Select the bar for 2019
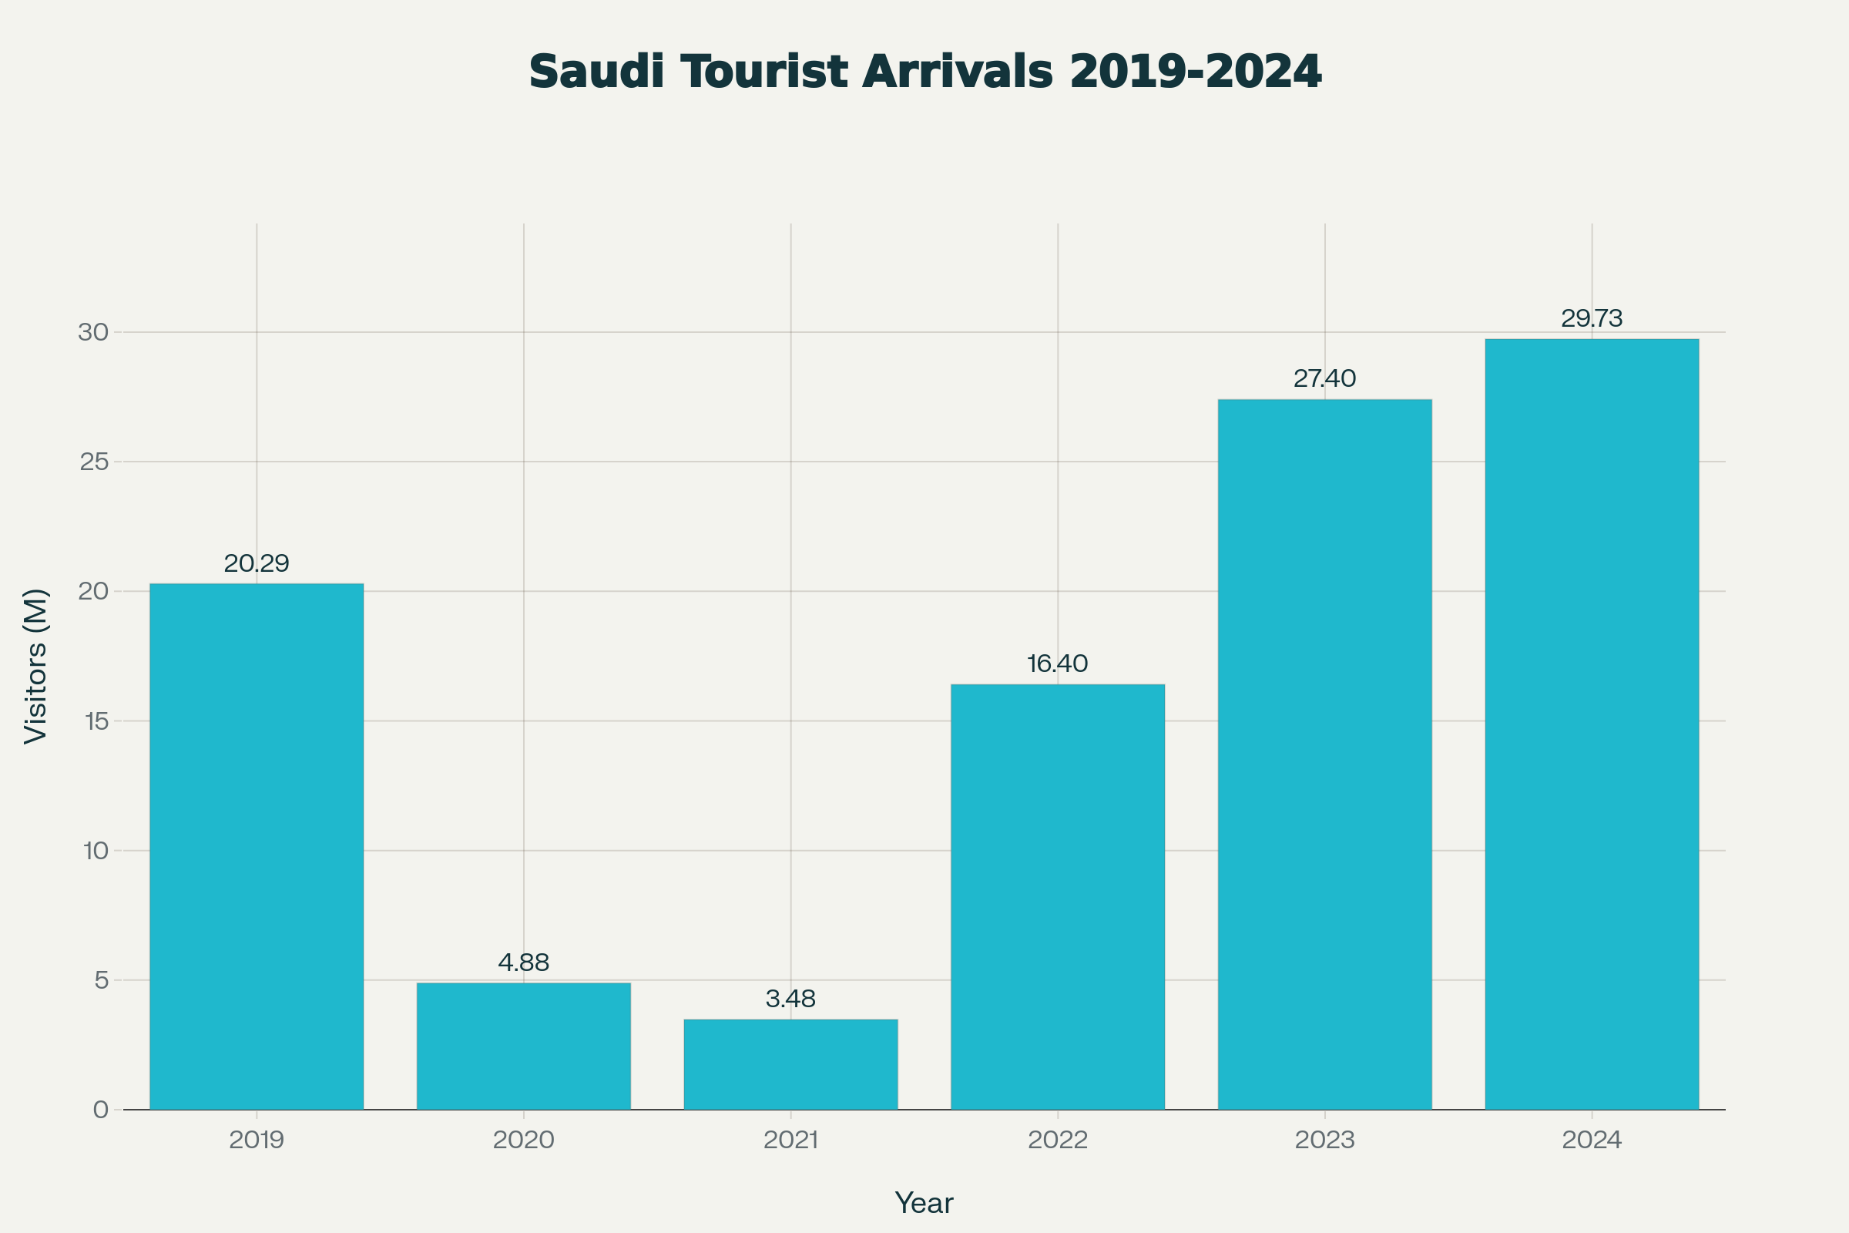point(257,846)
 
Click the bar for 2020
point(524,1046)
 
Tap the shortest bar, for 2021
point(791,1065)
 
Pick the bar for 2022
point(1057,896)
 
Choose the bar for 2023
point(1324,754)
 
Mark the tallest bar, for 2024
point(1592,724)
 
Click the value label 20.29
point(257,563)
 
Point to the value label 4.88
point(524,962)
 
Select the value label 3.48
point(791,999)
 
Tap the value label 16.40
point(1057,664)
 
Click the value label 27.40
point(1324,378)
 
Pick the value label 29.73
point(1592,318)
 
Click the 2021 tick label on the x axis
point(791,1141)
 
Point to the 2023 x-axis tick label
point(1324,1141)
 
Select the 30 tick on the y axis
point(93,332)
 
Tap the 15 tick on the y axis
point(96,721)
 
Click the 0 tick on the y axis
point(101,1110)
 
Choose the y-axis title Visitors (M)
point(36,666)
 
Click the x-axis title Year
point(924,1203)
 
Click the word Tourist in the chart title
point(765,72)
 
